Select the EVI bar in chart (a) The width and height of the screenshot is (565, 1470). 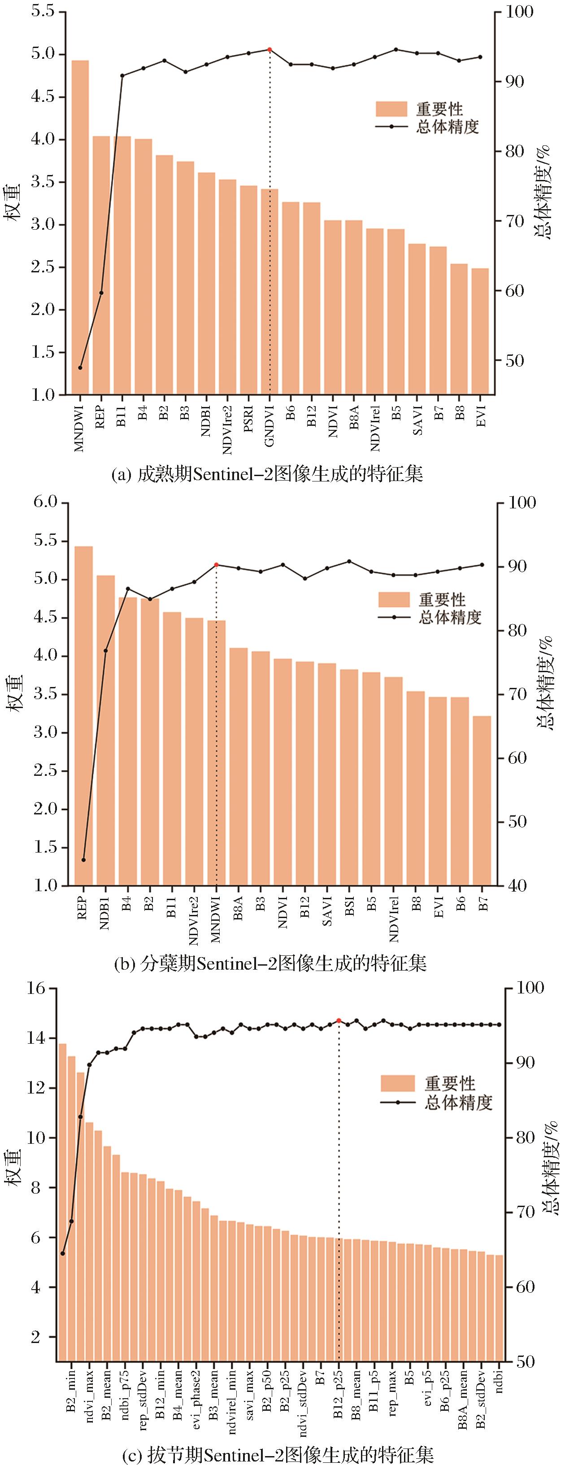click(x=480, y=331)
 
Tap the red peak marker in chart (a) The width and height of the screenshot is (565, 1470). click(x=269, y=50)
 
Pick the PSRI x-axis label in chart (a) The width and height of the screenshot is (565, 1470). click(x=248, y=420)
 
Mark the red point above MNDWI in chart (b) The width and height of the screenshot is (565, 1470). click(x=217, y=565)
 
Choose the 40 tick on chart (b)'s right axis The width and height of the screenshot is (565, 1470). click(x=512, y=886)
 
